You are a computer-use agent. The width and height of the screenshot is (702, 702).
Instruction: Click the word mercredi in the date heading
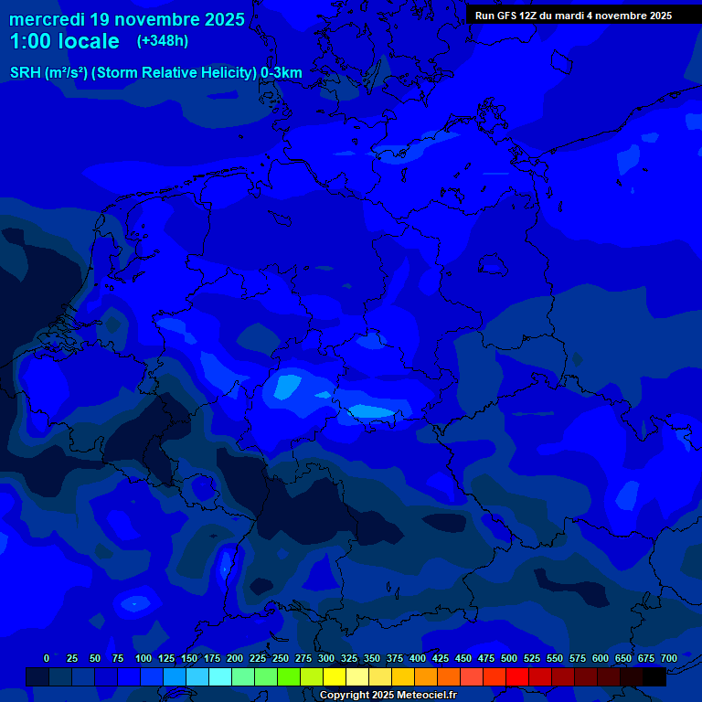click(48, 19)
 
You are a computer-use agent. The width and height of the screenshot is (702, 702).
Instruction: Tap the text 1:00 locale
click(64, 41)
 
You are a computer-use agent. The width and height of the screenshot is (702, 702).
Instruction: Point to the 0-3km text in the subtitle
click(282, 73)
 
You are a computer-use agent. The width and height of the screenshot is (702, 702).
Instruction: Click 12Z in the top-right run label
click(535, 16)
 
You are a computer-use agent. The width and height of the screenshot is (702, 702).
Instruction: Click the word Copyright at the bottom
click(346, 696)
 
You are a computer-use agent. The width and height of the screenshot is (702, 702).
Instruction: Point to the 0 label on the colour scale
click(47, 658)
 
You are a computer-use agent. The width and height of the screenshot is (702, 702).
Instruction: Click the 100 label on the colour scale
click(144, 658)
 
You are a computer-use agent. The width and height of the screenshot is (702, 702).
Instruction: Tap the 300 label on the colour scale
click(326, 658)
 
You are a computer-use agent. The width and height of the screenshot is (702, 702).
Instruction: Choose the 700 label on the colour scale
click(669, 658)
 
